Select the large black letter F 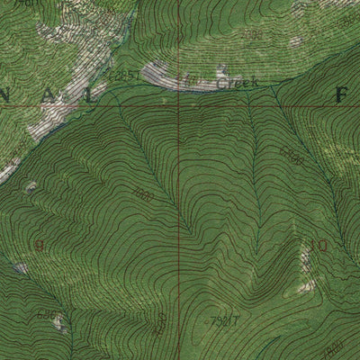click(x=341, y=94)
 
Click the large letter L click(x=84, y=94)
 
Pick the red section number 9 click(x=39, y=244)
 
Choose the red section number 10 click(x=319, y=243)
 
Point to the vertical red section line click(x=179, y=225)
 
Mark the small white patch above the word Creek click(x=223, y=69)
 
